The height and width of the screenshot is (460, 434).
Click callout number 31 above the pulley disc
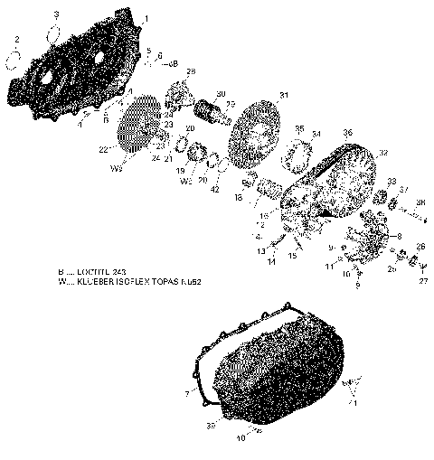point(284,95)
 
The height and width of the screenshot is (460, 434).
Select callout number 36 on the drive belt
point(347,132)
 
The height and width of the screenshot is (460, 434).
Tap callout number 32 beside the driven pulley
point(383,153)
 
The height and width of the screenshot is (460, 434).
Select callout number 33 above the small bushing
point(392,182)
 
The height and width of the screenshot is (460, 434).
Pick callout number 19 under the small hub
point(180,170)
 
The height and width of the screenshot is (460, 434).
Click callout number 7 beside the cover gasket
point(187,394)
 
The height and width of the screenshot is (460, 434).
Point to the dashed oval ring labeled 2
point(14,60)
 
